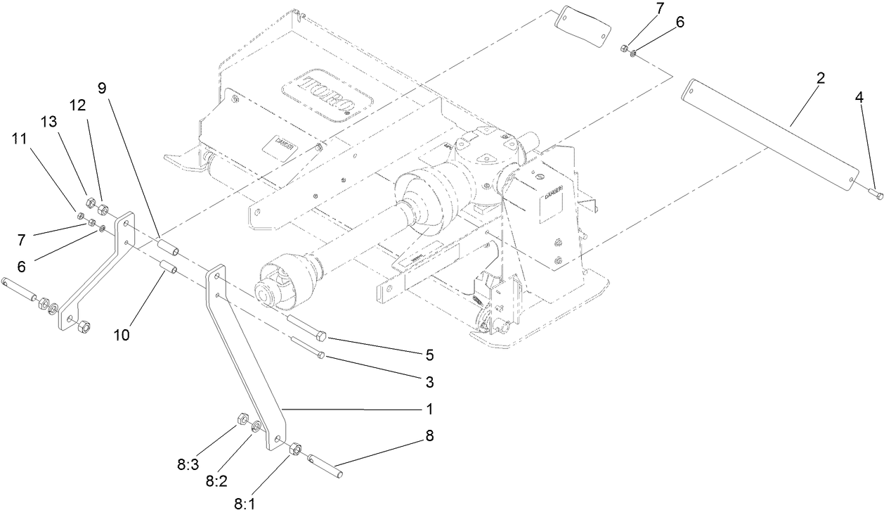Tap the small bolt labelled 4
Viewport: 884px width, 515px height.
(x=876, y=193)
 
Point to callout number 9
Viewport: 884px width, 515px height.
(x=102, y=89)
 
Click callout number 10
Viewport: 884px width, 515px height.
(x=122, y=335)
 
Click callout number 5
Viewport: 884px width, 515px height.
(x=429, y=355)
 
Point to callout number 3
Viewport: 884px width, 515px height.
(x=429, y=383)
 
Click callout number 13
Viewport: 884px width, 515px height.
(x=48, y=121)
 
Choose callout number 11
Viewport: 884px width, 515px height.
(x=20, y=139)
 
